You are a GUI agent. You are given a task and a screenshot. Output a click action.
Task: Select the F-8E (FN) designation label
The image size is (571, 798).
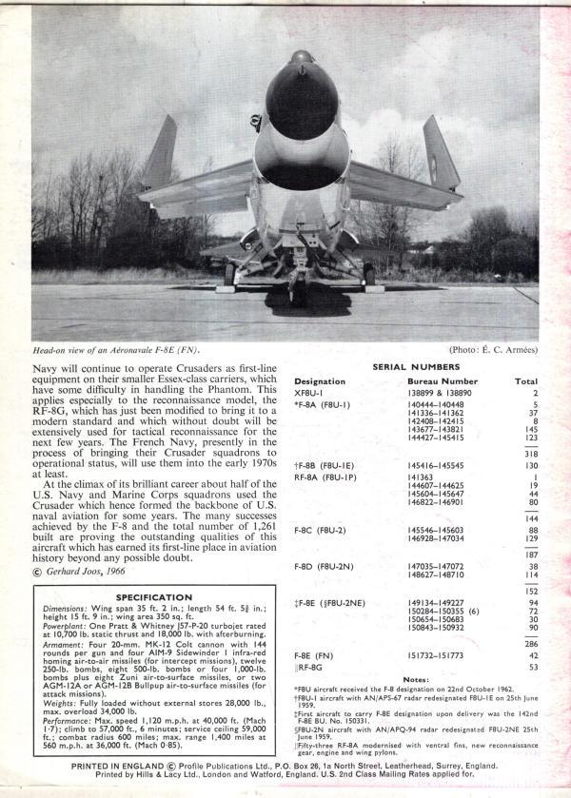coord(318,655)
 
